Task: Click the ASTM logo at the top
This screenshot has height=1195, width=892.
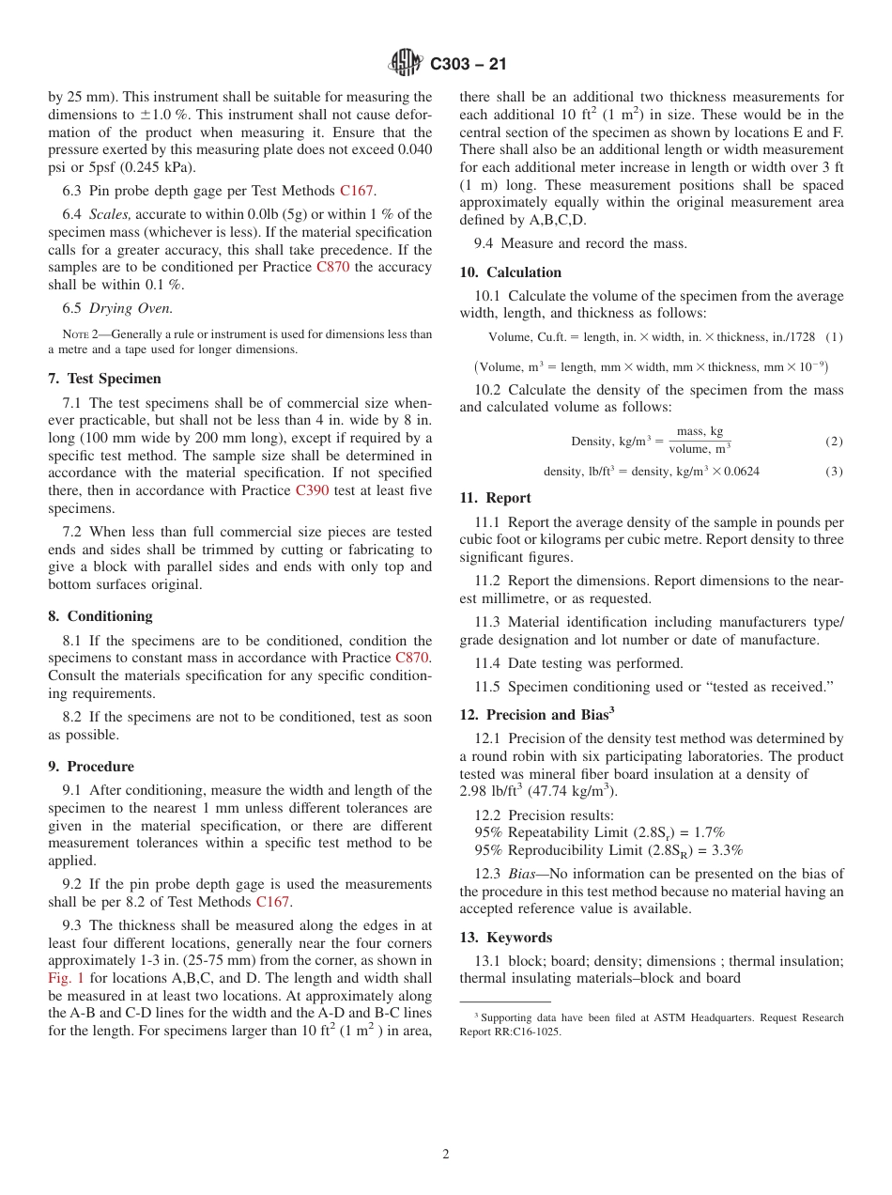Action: point(406,63)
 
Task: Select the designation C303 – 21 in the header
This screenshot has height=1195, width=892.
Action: point(469,64)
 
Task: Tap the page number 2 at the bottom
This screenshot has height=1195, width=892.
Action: point(446,1155)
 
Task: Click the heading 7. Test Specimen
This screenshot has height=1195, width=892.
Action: point(104,379)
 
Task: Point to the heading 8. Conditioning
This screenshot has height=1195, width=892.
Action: point(100,616)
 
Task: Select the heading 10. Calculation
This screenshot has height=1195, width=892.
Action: point(510,272)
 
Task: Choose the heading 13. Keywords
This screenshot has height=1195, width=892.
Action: point(505,938)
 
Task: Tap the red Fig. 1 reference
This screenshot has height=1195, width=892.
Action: point(66,978)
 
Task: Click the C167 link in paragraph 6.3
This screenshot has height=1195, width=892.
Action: point(357,191)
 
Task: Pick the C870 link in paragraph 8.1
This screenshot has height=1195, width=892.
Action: point(412,659)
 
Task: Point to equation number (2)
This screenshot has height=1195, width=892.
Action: point(834,442)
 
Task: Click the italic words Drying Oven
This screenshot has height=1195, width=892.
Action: point(131,308)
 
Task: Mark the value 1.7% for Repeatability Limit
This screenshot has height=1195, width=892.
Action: point(708,832)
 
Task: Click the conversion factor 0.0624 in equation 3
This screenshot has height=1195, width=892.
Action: point(741,472)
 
